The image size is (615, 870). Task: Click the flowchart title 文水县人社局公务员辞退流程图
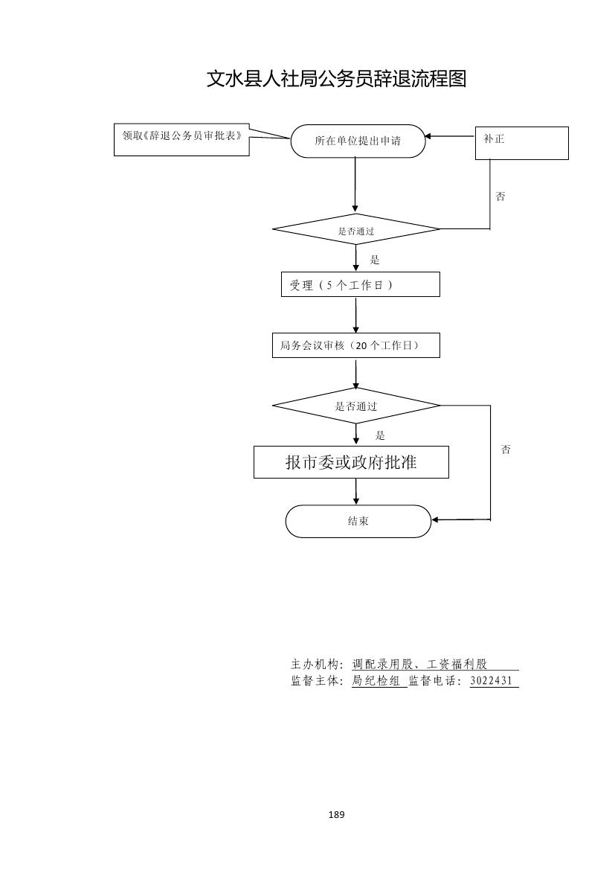click(x=336, y=79)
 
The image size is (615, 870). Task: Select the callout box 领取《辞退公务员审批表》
click(x=181, y=139)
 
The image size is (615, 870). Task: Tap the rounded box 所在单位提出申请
click(x=358, y=141)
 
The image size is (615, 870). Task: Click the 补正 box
click(x=521, y=143)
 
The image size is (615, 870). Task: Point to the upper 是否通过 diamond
click(x=356, y=230)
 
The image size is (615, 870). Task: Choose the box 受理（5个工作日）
click(x=360, y=285)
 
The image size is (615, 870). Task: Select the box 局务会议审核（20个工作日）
click(x=355, y=345)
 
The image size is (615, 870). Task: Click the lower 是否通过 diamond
click(x=356, y=406)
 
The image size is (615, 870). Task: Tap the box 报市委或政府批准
click(x=351, y=462)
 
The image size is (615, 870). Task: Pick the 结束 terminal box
click(x=358, y=521)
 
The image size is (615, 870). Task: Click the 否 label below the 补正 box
click(x=500, y=196)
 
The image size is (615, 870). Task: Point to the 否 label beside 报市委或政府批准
click(x=506, y=450)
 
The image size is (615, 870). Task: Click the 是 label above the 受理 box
click(x=375, y=260)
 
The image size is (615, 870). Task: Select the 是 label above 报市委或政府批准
click(x=380, y=435)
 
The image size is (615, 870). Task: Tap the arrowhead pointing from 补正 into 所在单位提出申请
click(x=429, y=136)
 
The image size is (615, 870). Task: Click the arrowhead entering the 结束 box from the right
click(x=437, y=519)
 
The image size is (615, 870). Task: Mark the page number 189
click(x=336, y=815)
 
